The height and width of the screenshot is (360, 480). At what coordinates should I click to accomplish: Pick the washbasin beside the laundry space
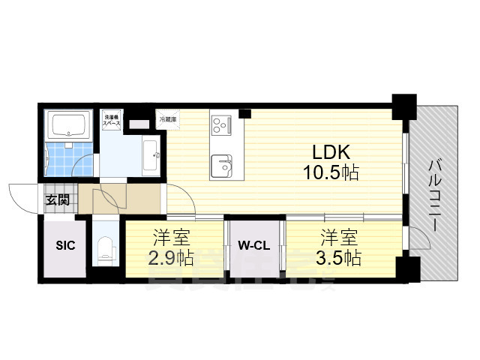[x=150, y=156]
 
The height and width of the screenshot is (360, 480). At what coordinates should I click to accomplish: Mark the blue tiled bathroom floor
[x=68, y=155]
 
